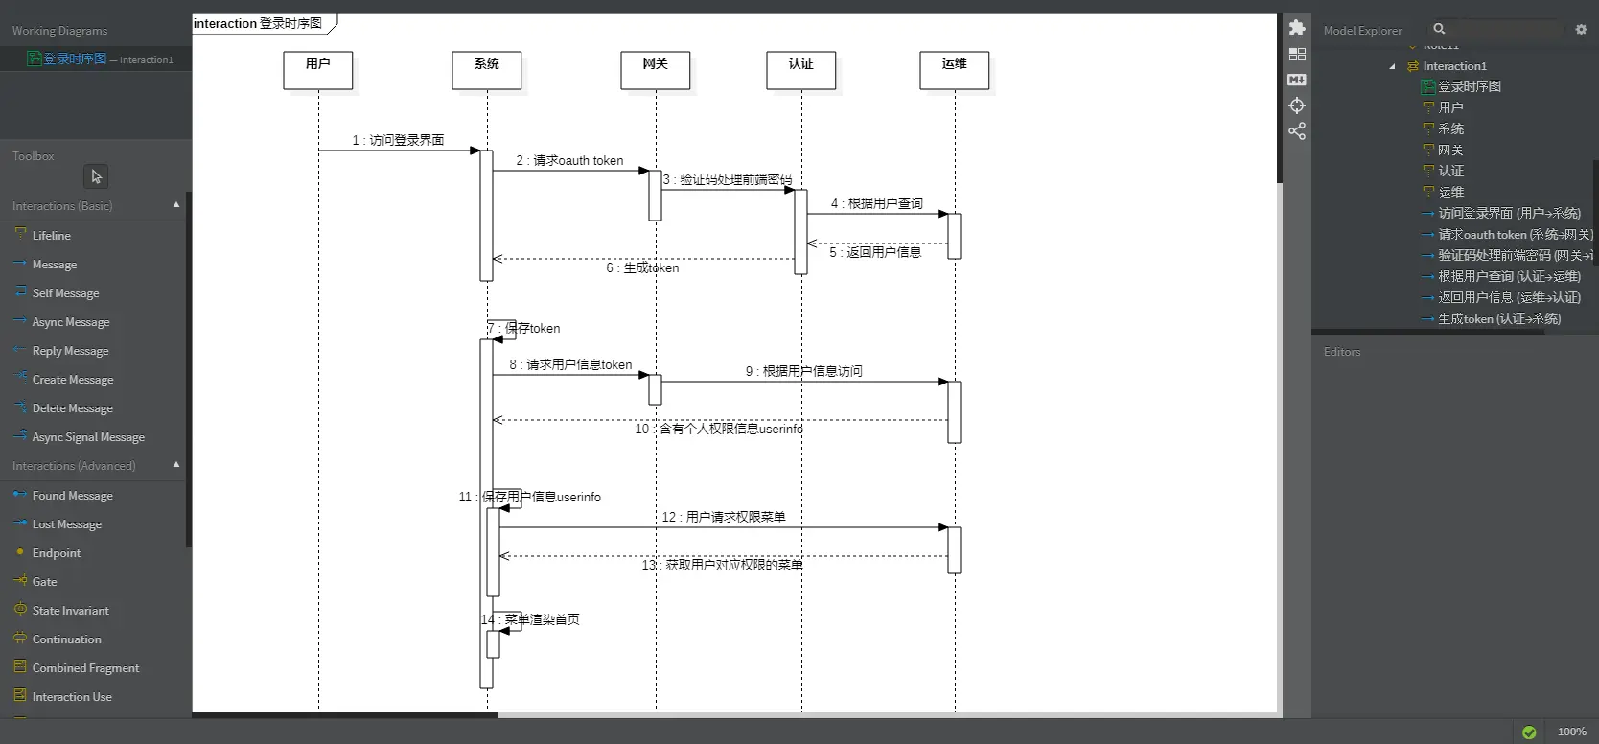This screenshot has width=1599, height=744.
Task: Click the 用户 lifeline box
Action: [x=318, y=70]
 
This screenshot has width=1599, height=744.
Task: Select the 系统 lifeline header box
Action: [x=487, y=70]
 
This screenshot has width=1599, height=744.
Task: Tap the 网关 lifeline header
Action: [x=656, y=70]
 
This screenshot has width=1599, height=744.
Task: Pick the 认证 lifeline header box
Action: [x=801, y=70]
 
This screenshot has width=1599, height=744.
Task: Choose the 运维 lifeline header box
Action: [x=955, y=70]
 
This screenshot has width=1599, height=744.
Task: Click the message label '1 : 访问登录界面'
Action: [x=398, y=140]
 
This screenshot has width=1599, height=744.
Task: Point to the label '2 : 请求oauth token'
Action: [x=569, y=160]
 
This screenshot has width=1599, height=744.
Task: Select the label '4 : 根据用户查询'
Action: [x=876, y=203]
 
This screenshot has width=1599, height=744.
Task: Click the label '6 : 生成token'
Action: [x=642, y=268]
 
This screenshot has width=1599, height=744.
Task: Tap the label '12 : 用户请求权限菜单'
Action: [x=724, y=517]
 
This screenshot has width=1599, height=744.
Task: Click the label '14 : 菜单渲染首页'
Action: [x=530, y=619]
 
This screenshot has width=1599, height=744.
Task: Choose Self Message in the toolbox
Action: [x=65, y=293]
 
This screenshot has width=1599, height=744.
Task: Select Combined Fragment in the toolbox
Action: [x=85, y=668]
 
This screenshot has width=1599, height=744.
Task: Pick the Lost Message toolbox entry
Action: [x=66, y=524]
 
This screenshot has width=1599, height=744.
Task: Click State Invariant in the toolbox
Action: [x=70, y=611]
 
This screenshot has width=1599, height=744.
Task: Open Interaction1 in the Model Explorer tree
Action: [x=1454, y=66]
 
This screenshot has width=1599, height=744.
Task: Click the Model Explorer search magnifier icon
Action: [x=1439, y=29]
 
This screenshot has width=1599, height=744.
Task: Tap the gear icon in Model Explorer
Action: [x=1581, y=30]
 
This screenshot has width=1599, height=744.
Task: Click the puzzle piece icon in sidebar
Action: [x=1297, y=28]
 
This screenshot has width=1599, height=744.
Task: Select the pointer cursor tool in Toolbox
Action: [x=96, y=176]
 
